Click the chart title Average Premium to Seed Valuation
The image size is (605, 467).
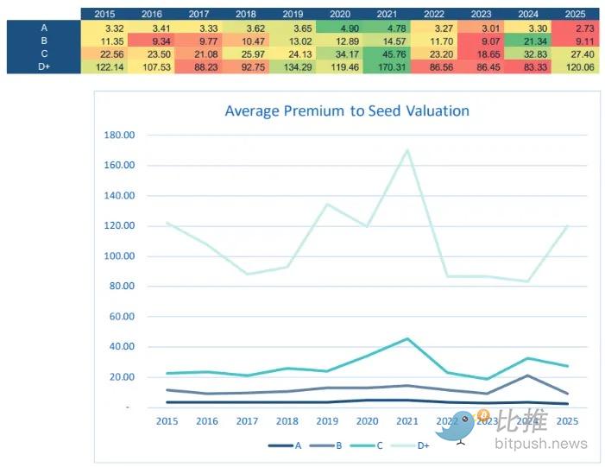click(347, 110)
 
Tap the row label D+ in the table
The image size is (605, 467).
click(44, 66)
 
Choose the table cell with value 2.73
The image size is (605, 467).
click(575, 28)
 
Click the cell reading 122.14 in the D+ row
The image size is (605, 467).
click(104, 66)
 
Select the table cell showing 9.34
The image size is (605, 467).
click(152, 41)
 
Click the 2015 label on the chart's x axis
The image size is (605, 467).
click(167, 420)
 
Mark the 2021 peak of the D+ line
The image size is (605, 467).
click(406, 150)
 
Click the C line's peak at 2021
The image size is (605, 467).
click(406, 338)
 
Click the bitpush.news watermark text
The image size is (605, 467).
click(541, 445)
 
